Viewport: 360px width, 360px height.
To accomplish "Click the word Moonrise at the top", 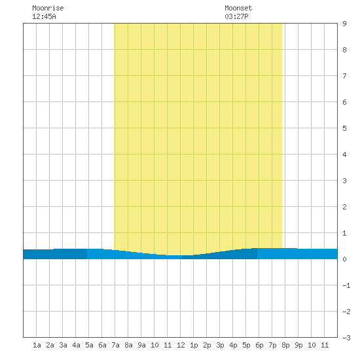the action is (48, 8).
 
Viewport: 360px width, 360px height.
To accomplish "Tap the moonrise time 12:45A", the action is (44, 16).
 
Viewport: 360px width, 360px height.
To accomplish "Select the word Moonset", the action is (238, 8).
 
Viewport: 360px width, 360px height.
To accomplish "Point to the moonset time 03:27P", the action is (236, 16).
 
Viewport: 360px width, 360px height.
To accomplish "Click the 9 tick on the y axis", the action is (344, 24).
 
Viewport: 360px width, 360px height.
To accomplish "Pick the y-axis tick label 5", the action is (344, 128).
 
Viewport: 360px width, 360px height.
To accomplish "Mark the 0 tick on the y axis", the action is (344, 259).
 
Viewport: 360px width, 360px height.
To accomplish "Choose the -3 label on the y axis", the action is (346, 338).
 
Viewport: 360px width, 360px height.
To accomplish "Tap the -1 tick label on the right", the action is (346, 285).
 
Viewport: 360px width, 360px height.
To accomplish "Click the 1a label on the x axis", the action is (37, 345).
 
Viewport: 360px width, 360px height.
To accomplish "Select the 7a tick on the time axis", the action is (115, 345).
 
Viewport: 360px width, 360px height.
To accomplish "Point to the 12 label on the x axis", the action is (181, 345).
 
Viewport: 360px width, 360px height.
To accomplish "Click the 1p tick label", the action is (194, 345).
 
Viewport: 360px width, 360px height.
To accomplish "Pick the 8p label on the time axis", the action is (285, 345).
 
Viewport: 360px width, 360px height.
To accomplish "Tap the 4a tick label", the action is (76, 345).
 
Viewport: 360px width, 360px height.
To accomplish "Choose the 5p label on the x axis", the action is (246, 345).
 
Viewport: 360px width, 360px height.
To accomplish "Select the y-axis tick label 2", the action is (344, 207).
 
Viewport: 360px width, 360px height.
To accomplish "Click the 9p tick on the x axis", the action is (298, 345).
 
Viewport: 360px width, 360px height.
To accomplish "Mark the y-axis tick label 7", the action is (344, 76).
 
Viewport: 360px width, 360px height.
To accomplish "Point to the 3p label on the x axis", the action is (220, 345).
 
